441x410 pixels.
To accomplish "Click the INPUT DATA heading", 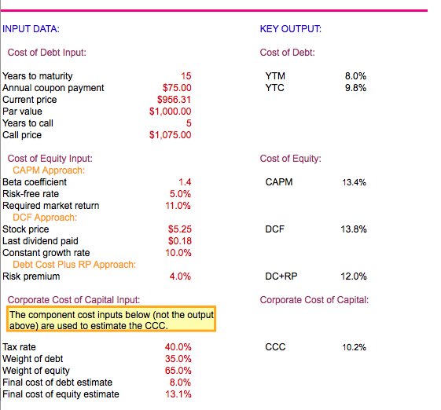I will (31, 29).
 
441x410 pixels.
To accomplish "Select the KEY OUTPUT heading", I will (290, 29).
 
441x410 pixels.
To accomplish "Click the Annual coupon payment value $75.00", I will (176, 88).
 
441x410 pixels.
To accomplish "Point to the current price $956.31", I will (175, 100).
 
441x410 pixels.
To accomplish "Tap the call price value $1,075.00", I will (170, 135).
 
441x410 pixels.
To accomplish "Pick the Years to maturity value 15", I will (186, 76).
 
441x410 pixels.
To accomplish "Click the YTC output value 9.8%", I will (355, 88).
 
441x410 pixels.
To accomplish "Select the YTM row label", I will (275, 76).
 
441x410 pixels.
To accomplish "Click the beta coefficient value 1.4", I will (185, 182).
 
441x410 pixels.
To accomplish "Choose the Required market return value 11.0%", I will (178, 206).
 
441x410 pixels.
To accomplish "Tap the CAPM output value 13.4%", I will (354, 182).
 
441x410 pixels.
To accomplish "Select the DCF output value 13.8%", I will (354, 229).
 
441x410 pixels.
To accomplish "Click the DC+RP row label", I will (281, 276).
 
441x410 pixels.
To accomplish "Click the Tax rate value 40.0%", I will (178, 347).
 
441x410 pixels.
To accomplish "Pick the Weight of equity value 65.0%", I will (178, 371).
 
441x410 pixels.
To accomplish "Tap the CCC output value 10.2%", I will (354, 347).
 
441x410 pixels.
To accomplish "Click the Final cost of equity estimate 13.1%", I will (178, 394).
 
